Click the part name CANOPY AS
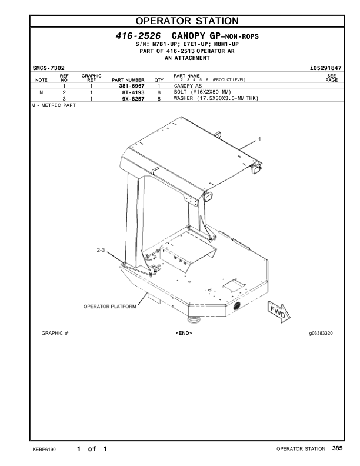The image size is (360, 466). pos(188,86)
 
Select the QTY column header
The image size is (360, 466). pos(159,80)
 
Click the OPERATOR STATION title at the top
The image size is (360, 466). pos(179,22)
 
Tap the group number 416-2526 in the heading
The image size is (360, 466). pos(139,36)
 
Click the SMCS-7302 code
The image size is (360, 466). pos(48,68)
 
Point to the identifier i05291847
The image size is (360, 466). pos(325,68)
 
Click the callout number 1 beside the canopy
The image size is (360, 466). pos(259,139)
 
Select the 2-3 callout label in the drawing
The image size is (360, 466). pos(100,251)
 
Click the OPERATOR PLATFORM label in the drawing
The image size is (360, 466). pos(110,307)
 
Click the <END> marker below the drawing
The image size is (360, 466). pos(184,334)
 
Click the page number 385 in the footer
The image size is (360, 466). pos(336,449)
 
